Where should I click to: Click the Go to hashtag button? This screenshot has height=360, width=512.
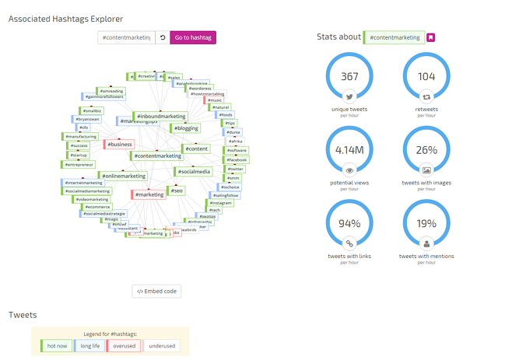coord(193,37)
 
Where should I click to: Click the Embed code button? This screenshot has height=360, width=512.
coord(156,292)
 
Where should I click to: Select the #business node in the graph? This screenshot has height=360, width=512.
coord(119,144)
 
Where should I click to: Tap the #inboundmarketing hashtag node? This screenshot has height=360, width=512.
coord(161,117)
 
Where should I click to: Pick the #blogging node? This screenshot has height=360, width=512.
coord(186,128)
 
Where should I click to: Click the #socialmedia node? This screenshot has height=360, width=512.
coord(193,172)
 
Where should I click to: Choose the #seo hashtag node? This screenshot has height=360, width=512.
coord(177,190)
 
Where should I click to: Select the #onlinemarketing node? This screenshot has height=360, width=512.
coord(123,176)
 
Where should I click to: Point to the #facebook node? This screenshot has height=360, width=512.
coord(236,159)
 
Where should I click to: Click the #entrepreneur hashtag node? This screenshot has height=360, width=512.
coord(79,165)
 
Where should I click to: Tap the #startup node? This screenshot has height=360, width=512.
coord(79,155)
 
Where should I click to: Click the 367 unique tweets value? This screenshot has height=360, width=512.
coord(349,77)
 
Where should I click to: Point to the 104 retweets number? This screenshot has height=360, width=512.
coord(426,77)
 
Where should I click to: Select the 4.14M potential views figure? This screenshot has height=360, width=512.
coord(349,150)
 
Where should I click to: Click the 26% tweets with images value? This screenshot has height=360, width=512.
coord(426,150)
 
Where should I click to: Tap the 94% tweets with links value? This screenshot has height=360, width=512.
coord(349,224)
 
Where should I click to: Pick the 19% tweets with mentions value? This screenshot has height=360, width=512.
coord(426,224)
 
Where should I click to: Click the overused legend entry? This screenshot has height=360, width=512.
coord(124,346)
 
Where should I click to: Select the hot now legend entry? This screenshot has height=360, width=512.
coord(57,346)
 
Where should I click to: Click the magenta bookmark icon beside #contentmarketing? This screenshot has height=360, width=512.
coord(431,37)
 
